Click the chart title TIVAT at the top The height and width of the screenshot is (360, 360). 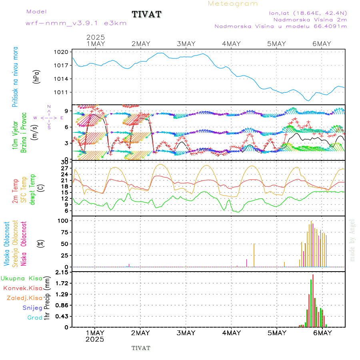point(146,15)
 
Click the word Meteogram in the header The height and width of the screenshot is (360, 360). point(233,4)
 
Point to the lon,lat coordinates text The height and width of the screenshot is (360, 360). point(308,13)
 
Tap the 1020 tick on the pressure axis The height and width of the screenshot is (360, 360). point(64,52)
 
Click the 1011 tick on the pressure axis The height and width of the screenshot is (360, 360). point(64,92)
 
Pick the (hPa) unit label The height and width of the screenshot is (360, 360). point(36,76)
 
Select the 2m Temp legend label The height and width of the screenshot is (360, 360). point(15,191)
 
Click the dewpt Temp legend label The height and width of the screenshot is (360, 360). point(32,188)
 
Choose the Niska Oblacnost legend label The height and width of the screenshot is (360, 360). point(24,243)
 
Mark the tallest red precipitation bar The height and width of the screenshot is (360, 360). point(313,300)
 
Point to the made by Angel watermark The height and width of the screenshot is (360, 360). point(352,240)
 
